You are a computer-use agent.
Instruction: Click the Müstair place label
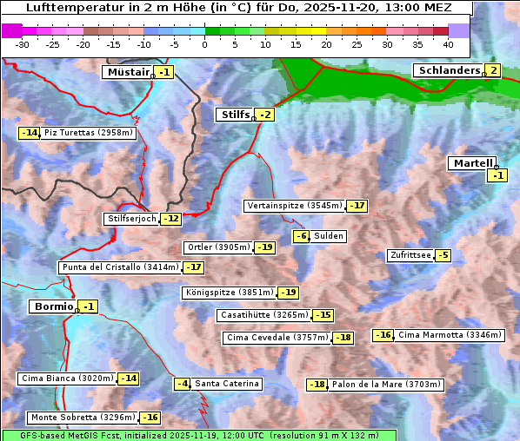(x=128, y=72)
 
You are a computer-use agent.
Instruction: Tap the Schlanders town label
(x=448, y=70)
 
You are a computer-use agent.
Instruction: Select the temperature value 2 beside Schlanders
(x=493, y=70)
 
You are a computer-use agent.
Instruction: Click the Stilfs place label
(x=234, y=114)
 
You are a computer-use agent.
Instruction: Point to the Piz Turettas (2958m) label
(x=89, y=133)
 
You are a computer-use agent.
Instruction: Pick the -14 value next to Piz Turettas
(x=30, y=133)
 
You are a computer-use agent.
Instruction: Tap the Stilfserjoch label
(x=132, y=219)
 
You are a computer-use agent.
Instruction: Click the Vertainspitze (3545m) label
(x=294, y=206)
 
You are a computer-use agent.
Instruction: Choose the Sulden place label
(x=329, y=236)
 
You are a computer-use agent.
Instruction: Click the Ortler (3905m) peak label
(x=218, y=247)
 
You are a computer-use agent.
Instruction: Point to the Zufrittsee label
(x=410, y=255)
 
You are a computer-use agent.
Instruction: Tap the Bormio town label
(x=52, y=306)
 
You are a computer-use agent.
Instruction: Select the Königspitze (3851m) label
(x=230, y=293)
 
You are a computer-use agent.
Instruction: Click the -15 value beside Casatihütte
(x=323, y=315)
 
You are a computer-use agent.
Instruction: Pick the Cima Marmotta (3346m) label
(x=449, y=335)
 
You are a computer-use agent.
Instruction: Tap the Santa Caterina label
(x=226, y=384)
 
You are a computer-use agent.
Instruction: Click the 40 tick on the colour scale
(x=448, y=43)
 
